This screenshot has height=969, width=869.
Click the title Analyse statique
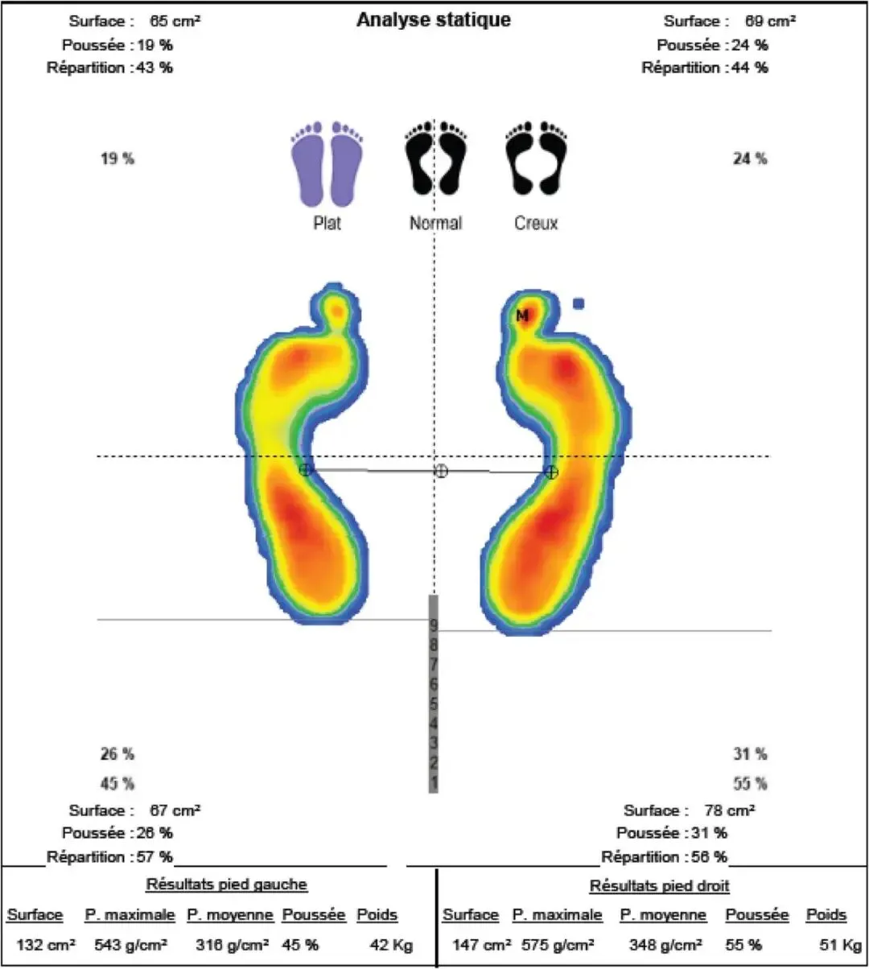click(434, 19)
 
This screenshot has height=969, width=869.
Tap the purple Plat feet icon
click(327, 164)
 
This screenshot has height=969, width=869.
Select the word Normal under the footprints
click(435, 224)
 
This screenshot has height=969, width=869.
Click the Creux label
click(536, 224)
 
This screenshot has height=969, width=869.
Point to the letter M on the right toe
click(522, 315)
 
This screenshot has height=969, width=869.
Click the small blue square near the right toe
click(579, 303)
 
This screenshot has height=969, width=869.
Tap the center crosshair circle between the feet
click(441, 471)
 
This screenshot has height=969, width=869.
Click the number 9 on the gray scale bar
click(434, 625)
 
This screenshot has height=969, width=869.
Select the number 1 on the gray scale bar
click(434, 783)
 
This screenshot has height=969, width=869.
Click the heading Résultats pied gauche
click(227, 884)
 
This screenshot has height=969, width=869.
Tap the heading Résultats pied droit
click(660, 886)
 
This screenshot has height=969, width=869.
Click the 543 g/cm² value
click(130, 945)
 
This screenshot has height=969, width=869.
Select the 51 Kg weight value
click(840, 945)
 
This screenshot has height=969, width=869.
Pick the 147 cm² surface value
click(482, 945)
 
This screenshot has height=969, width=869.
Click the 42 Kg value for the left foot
click(391, 945)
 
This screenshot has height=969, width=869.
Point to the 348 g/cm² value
click(665, 945)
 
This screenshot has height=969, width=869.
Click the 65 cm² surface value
click(175, 21)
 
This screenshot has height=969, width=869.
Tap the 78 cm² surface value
click(730, 810)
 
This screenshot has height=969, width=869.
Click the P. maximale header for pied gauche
click(130, 915)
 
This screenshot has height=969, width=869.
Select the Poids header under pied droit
click(826, 915)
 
